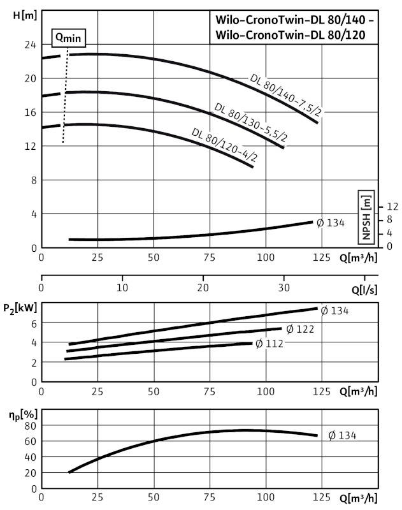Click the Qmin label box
pyautogui.click(x=68, y=38)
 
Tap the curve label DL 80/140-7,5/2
pyautogui.click(x=285, y=96)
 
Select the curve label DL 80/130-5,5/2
pyautogui.click(x=250, y=122)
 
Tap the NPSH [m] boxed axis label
pyautogui.click(x=366, y=216)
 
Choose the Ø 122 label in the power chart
pyautogui.click(x=299, y=330)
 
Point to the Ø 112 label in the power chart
pyautogui.click(x=268, y=344)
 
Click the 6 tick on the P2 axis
pyautogui.click(x=33, y=323)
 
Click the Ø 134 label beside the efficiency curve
pyautogui.click(x=342, y=436)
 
